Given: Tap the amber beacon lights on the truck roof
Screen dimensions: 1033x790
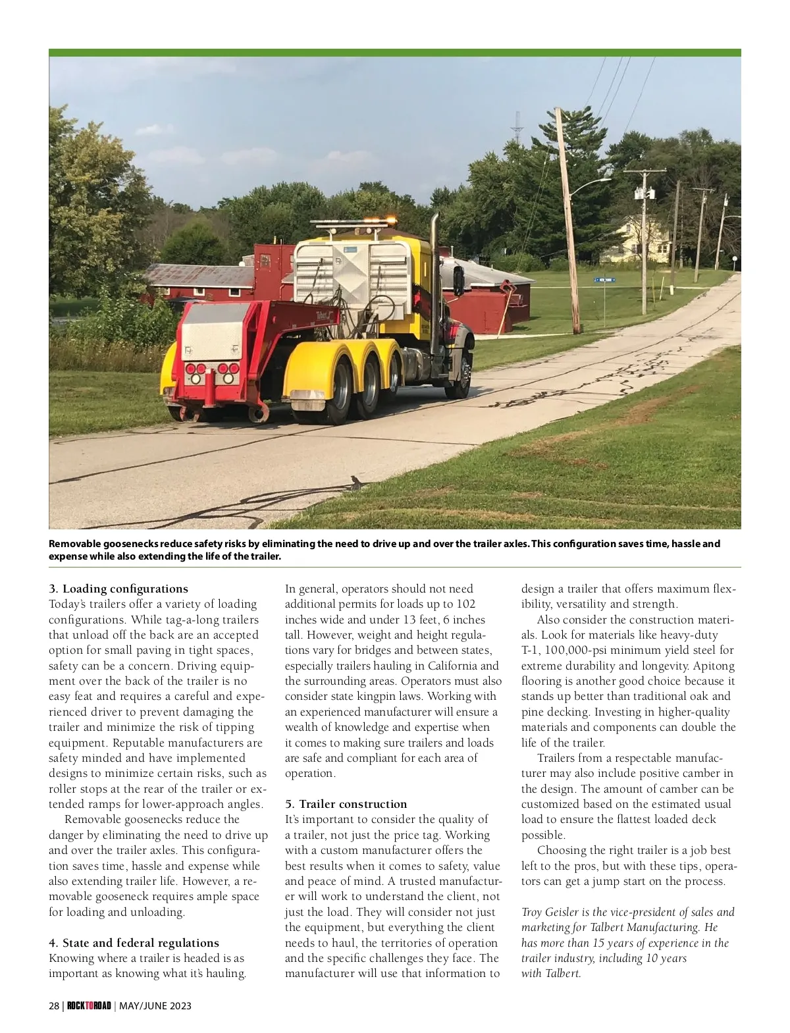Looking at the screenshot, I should (392, 219).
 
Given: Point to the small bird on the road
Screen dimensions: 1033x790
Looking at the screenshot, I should (356, 483).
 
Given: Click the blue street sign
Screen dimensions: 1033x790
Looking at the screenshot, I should (604, 280).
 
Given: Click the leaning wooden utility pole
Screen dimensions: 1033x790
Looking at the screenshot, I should (567, 217).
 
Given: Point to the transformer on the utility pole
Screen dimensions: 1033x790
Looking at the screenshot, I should (644, 194).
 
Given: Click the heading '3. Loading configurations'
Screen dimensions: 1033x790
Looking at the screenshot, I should (118, 589).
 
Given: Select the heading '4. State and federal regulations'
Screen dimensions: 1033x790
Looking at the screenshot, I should (134, 943).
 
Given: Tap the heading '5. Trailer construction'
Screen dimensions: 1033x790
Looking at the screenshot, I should (346, 804).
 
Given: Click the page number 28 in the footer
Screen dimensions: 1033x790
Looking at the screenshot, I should (54, 1006).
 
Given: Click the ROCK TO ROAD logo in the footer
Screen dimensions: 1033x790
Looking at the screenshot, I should (89, 1006).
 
